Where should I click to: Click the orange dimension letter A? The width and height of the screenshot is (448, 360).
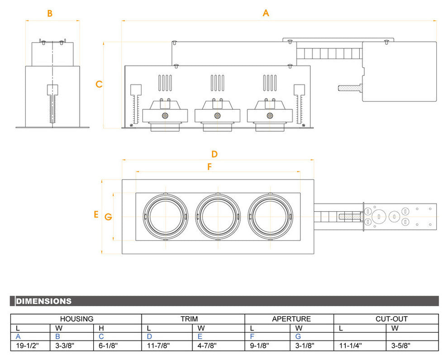266,13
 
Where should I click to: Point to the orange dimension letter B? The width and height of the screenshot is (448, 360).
50,14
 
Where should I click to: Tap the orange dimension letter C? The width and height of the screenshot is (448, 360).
99,84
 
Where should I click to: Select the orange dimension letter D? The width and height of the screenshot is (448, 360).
214,154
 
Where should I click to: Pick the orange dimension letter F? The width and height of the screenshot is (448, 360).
210,167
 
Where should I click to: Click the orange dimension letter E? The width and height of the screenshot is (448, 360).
96,214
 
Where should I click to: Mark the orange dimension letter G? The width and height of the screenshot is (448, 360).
108,217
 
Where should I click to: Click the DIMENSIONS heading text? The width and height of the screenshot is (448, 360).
43,301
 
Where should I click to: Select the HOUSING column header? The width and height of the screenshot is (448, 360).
76,319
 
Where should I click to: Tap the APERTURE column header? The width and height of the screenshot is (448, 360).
291,319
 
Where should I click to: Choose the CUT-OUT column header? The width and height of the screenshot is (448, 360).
391,319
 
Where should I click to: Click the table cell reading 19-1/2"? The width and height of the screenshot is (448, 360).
28,346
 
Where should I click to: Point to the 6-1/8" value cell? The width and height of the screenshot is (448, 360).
109,346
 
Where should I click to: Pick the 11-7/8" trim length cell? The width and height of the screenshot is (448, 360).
159,346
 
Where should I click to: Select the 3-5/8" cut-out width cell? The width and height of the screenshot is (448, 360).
401,346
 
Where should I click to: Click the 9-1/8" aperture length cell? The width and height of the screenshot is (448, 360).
260,346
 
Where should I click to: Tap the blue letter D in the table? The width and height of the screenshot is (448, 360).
149,336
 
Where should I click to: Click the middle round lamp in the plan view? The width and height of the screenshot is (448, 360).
218,216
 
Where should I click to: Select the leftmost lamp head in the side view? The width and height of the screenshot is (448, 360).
165,115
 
